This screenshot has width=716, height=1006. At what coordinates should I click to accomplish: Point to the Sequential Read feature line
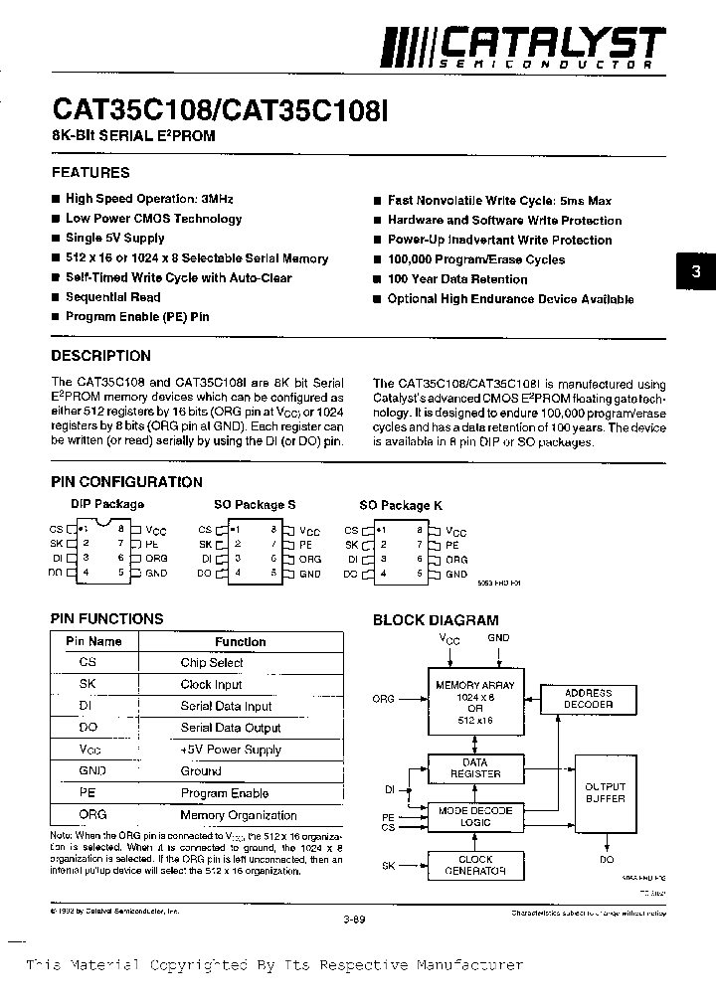coord(112,297)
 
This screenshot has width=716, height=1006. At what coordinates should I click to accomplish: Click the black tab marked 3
coord(696,270)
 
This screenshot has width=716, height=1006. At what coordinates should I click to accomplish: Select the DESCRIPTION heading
coord(100,356)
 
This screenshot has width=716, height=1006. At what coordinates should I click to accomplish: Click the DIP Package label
coord(107,504)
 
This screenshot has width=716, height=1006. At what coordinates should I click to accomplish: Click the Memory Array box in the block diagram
coord(475,702)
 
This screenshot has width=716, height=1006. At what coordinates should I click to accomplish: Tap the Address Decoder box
coord(588,699)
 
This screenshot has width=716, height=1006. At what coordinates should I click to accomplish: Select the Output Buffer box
coord(605,792)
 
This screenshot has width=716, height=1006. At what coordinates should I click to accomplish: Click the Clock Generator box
coord(475,866)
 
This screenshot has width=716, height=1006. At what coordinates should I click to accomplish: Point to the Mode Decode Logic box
coord(475,817)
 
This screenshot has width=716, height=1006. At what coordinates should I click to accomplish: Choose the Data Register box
coord(475,768)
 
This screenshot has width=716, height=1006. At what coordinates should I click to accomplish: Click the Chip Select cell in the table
coord(212,663)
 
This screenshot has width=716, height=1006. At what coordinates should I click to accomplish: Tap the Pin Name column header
coord(93,642)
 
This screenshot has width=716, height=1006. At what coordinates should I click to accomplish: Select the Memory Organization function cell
coord(239,815)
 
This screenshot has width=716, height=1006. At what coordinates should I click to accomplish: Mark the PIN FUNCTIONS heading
coord(106,618)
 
